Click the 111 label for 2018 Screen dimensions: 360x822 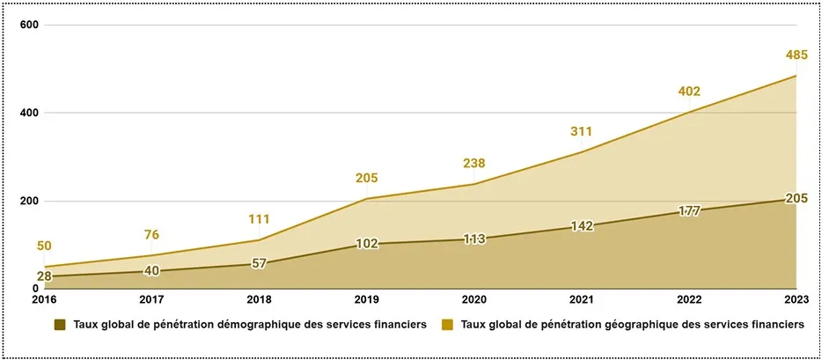click(x=259, y=219)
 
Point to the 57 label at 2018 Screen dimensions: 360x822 click(x=259, y=263)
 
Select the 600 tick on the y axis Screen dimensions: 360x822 click(x=30, y=25)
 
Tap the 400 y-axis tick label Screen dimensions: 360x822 click(x=30, y=114)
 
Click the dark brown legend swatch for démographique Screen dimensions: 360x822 click(x=60, y=325)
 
